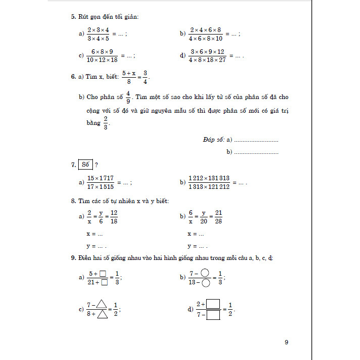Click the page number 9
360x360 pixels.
pyautogui.click(x=286, y=342)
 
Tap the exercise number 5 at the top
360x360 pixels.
pyautogui.click(x=73, y=17)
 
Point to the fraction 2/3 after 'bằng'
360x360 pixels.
pyautogui.click(x=106, y=123)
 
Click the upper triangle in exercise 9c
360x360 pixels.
pyautogui.click(x=101, y=305)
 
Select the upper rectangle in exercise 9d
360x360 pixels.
pyautogui.click(x=212, y=305)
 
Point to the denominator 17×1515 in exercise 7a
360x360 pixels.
pyautogui.click(x=101, y=187)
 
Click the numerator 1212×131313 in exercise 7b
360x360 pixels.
pyautogui.click(x=209, y=178)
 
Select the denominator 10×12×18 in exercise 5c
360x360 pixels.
pyautogui.click(x=102, y=60)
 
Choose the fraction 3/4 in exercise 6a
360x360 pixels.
pyautogui.click(x=145, y=77)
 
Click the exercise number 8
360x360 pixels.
pyautogui.click(x=73, y=202)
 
